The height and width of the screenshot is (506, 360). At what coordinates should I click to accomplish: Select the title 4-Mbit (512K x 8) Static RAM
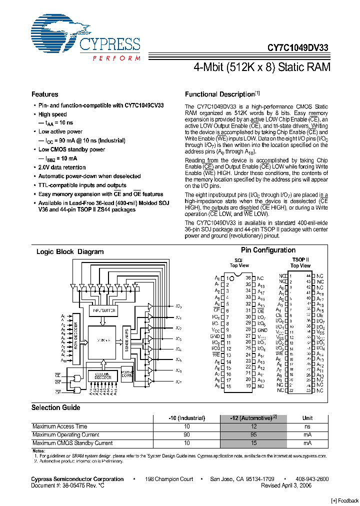[261, 67]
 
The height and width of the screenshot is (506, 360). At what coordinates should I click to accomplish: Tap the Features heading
[45, 94]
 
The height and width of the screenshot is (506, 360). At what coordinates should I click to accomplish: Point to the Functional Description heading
[220, 94]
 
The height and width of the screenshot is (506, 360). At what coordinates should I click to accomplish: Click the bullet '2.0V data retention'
[62, 167]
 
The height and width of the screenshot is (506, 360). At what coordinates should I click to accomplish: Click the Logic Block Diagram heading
[70, 252]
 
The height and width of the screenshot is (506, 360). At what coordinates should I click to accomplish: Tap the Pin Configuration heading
[268, 250]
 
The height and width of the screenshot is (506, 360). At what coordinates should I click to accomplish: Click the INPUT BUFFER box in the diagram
[103, 310]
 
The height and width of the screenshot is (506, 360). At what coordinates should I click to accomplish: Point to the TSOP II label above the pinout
[300, 260]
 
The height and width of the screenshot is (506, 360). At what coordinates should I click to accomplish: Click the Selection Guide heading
[56, 407]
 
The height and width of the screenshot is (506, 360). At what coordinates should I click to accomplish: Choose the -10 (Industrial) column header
[186, 418]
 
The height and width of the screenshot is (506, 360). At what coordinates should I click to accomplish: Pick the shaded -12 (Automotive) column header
[253, 418]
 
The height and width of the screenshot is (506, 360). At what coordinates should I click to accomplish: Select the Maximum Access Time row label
[59, 426]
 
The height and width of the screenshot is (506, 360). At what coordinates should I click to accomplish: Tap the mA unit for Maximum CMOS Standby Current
[307, 443]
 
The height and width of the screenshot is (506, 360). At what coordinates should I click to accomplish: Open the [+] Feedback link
[345, 500]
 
